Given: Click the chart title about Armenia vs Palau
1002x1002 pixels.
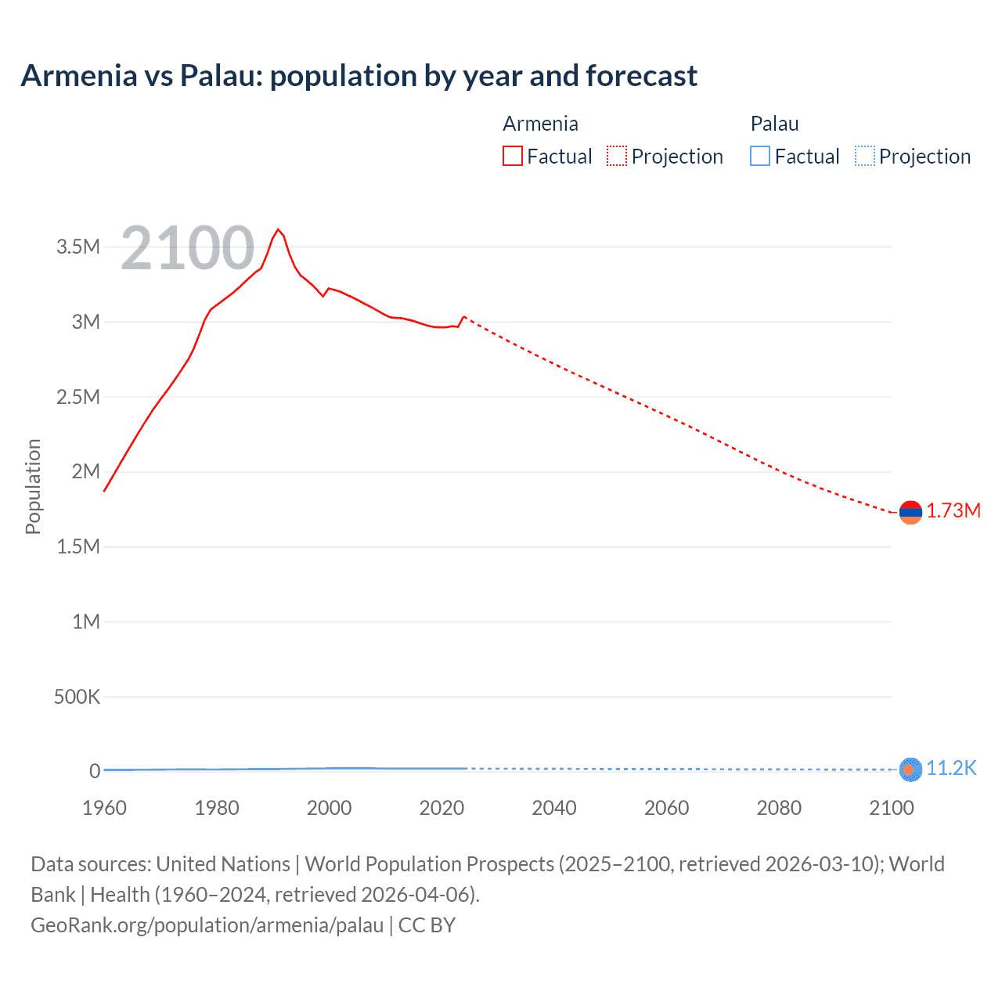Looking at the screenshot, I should coord(359,76).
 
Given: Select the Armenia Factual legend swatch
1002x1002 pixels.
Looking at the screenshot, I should coord(512,157).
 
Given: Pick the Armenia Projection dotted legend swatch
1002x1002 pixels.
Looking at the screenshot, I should coord(617,157).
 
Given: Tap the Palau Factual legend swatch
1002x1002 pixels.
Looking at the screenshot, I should coord(759,157).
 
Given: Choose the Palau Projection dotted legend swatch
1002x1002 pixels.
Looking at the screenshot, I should coord(865,157).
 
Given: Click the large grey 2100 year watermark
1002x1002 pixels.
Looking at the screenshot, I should coord(188,248).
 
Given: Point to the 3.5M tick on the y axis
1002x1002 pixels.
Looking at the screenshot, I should coord(78,247).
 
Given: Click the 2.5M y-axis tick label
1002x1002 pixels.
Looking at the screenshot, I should coord(78,397).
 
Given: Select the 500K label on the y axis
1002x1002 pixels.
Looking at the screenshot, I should coord(77,697).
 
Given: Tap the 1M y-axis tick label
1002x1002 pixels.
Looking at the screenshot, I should coord(86,622).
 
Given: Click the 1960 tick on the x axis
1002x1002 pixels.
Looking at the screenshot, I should coord(104,808).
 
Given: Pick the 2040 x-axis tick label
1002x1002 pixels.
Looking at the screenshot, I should coord(554,808).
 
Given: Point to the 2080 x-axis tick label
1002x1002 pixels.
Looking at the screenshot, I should coord(779,808).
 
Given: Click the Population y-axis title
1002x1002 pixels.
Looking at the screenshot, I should coord(33,486).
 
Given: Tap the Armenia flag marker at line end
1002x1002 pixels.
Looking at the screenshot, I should coord(910,513).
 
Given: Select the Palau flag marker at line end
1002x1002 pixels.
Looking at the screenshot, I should coord(910,770).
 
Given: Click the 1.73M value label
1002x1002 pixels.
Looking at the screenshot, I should coord(953,511).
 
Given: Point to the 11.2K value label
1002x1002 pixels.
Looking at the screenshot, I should coord(951,768).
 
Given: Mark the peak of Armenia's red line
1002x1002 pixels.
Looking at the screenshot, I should coord(278,229).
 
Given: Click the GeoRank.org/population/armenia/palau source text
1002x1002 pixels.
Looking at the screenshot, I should coord(207,925).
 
